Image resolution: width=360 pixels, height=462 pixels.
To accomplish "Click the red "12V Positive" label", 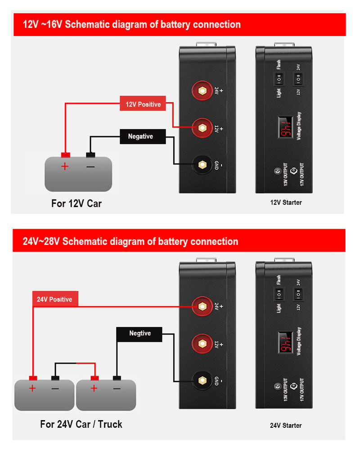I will click(143, 104).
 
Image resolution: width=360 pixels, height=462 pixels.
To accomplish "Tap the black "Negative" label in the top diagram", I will click(140, 136).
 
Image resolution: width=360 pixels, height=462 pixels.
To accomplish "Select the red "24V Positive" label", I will click(54, 299).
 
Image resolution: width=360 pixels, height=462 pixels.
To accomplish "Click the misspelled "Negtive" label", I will click(140, 334).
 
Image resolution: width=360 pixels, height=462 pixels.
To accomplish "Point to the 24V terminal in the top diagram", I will click(203, 91).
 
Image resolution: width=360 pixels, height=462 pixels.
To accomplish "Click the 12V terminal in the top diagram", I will click(203, 128).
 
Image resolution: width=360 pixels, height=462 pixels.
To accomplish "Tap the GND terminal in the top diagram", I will click(203, 165).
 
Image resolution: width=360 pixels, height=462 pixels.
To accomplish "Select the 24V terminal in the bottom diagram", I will click(203, 307).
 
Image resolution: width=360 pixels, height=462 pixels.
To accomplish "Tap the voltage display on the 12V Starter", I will click(284, 128).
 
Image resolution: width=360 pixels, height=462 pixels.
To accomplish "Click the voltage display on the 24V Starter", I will click(284, 344).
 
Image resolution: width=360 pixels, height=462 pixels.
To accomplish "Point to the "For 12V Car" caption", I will click(76, 204).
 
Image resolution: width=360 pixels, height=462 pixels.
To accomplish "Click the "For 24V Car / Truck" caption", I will click(81, 424).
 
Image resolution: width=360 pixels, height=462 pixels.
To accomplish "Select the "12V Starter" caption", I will click(286, 203).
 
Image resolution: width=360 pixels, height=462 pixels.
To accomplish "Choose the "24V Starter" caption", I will click(286, 426).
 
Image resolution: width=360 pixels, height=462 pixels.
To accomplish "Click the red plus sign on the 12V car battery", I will click(65, 166).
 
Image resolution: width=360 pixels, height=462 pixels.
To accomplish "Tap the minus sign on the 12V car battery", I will click(90, 166).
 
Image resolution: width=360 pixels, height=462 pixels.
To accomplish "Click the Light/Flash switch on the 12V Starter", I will click(279, 80).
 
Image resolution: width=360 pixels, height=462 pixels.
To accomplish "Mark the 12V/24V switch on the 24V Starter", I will click(298, 295).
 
